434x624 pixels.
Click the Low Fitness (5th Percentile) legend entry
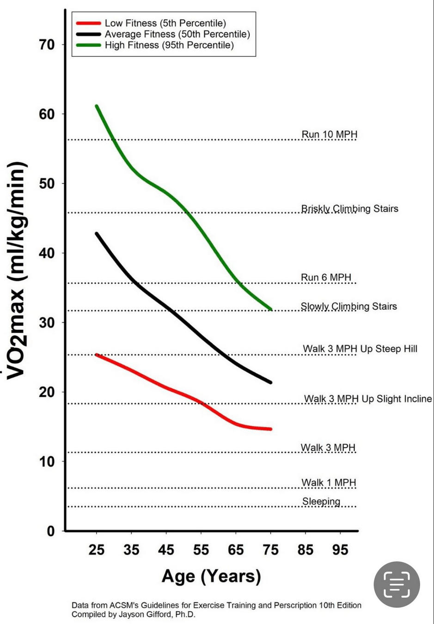click(x=165, y=23)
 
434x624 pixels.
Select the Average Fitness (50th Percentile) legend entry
click(x=177, y=34)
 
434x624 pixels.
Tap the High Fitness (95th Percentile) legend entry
click(x=169, y=45)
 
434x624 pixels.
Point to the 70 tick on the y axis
click(x=47, y=45)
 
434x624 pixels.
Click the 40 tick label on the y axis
click(x=47, y=253)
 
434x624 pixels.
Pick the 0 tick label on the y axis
click(x=51, y=531)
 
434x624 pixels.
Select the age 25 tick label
click(x=96, y=550)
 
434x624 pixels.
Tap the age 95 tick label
click(x=340, y=550)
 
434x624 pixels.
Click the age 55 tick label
click(x=201, y=550)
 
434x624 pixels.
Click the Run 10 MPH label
click(x=329, y=134)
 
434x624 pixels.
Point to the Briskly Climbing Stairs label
click(x=349, y=209)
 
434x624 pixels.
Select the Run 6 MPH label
click(x=326, y=278)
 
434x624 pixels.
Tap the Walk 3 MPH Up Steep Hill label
click(x=360, y=349)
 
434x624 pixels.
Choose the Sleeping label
click(x=321, y=502)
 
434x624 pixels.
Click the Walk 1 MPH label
click(x=329, y=483)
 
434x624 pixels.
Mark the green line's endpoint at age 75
click(x=270, y=309)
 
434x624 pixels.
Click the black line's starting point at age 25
click(x=97, y=234)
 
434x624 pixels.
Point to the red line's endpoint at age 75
click(x=270, y=429)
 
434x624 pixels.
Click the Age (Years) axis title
click(x=211, y=576)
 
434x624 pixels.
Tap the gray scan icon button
click(x=397, y=584)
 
